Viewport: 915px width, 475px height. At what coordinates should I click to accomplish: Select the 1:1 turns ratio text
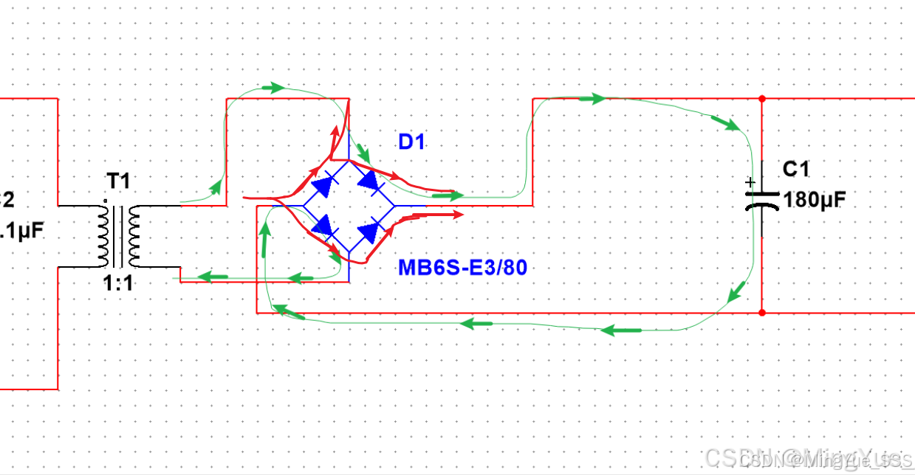pyautogui.click(x=118, y=283)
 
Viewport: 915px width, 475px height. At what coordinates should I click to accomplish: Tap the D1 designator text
pyautogui.click(x=411, y=142)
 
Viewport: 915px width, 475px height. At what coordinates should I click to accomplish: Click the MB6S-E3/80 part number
pyautogui.click(x=463, y=267)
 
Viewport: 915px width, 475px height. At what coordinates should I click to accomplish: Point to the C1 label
pyautogui.click(x=796, y=170)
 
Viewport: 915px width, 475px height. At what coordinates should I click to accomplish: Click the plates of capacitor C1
pyautogui.click(x=761, y=201)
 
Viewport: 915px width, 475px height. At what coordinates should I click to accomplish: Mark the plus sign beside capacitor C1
pyautogui.click(x=750, y=182)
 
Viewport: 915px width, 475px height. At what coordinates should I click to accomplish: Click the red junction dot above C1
pyautogui.click(x=761, y=98)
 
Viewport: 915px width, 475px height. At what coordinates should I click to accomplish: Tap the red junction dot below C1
pyautogui.click(x=761, y=312)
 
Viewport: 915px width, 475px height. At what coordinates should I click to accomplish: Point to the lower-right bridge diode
pyautogui.click(x=369, y=232)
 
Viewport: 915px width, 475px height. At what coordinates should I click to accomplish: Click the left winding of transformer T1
pyautogui.click(x=102, y=235)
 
